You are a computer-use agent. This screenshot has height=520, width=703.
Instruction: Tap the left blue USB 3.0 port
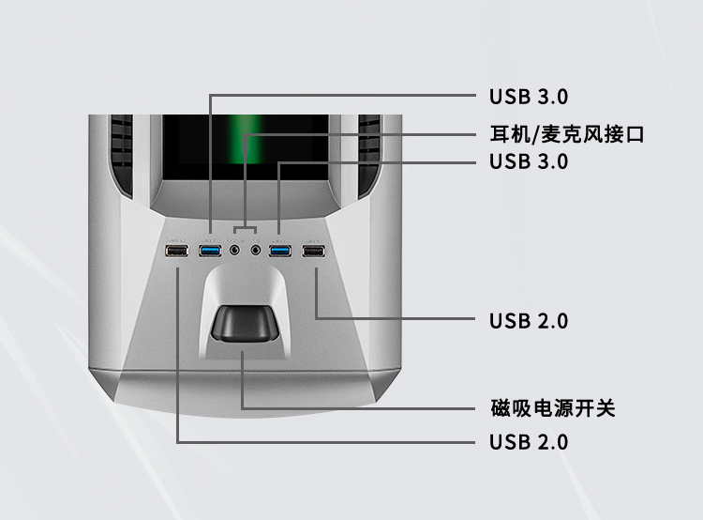210,251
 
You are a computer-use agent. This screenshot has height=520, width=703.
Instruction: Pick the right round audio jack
255,251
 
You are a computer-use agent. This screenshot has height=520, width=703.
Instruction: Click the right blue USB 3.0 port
279,251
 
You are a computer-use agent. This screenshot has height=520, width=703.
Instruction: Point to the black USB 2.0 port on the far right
314,251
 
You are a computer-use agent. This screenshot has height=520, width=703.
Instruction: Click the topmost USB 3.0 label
528,96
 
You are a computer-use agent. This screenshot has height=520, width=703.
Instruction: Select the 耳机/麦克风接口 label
567,135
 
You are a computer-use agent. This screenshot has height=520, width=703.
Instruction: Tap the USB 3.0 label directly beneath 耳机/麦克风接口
528,161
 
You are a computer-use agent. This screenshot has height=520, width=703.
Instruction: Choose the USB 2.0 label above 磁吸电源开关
528,321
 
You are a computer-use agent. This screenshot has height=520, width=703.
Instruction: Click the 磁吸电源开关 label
552,408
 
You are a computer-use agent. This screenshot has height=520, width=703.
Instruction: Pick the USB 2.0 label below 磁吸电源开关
528,442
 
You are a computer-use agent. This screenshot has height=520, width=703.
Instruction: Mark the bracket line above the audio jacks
244,227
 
